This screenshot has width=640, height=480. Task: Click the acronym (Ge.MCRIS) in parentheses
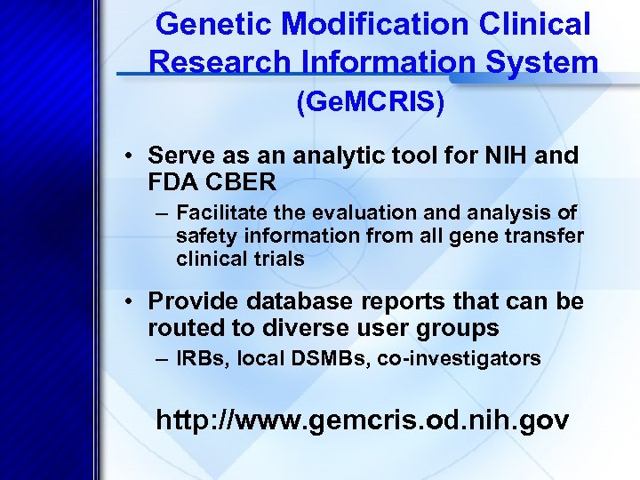[x=370, y=103]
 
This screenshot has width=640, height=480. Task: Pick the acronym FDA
[x=175, y=183]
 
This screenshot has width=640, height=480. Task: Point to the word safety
[x=203, y=236]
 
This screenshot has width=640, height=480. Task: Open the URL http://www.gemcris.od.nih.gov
[x=362, y=420]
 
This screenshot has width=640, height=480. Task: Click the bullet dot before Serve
[x=130, y=157]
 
